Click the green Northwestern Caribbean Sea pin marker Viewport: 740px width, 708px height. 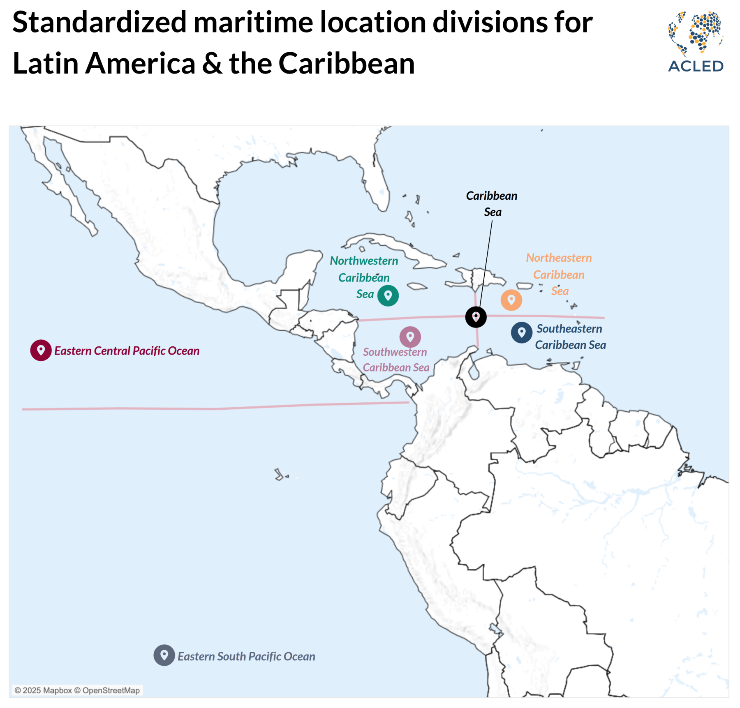[388, 295]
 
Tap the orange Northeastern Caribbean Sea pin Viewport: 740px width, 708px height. [511, 300]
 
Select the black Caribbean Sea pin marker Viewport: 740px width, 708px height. [476, 317]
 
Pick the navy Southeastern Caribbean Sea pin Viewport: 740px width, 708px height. [521, 332]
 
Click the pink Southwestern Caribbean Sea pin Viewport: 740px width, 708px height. [410, 337]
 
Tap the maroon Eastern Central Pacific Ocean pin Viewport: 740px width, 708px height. [41, 351]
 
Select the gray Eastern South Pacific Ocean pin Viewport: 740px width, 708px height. [164, 655]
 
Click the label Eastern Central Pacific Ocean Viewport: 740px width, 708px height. [127, 351]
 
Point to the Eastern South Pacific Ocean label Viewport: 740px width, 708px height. [246, 656]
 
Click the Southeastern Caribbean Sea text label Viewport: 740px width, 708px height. [570, 337]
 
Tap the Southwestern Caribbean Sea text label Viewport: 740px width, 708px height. [395, 360]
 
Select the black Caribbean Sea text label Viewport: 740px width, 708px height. [492, 203]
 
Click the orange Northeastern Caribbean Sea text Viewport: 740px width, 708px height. [559, 274]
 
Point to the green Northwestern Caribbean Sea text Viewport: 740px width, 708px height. [364, 277]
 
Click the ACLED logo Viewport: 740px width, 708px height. [696, 42]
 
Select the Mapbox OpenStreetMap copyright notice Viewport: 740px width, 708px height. [77, 690]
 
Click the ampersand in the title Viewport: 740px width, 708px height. [212, 64]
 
